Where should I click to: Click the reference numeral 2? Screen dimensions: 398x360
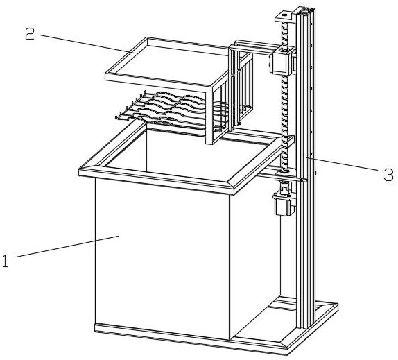[30, 34]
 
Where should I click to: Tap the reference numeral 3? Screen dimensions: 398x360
[388, 175]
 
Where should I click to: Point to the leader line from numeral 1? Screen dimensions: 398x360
[67, 246]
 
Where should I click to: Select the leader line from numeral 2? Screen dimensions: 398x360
[87, 44]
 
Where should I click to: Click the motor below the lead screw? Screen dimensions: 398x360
[284, 205]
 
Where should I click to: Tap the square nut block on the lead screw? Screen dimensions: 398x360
[282, 62]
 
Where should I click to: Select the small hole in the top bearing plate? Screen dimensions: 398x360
[284, 15]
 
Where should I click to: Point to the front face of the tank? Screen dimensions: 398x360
[162, 259]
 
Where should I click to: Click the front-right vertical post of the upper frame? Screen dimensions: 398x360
[209, 114]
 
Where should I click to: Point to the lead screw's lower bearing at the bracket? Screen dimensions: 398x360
[284, 172]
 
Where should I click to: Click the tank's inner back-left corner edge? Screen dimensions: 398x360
[146, 149]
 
